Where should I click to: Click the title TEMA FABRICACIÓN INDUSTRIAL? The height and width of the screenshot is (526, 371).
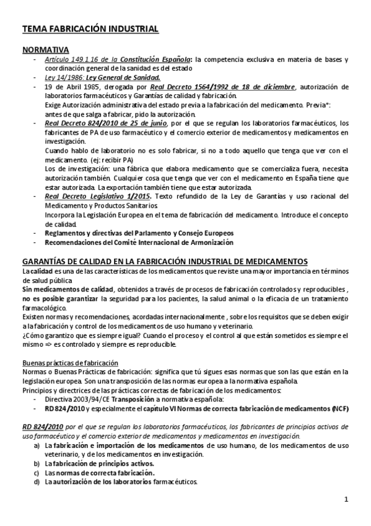90,29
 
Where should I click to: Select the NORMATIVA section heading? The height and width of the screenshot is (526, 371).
45,50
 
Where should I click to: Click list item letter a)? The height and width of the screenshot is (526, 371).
38,445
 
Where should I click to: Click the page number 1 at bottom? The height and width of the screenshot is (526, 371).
346,500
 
